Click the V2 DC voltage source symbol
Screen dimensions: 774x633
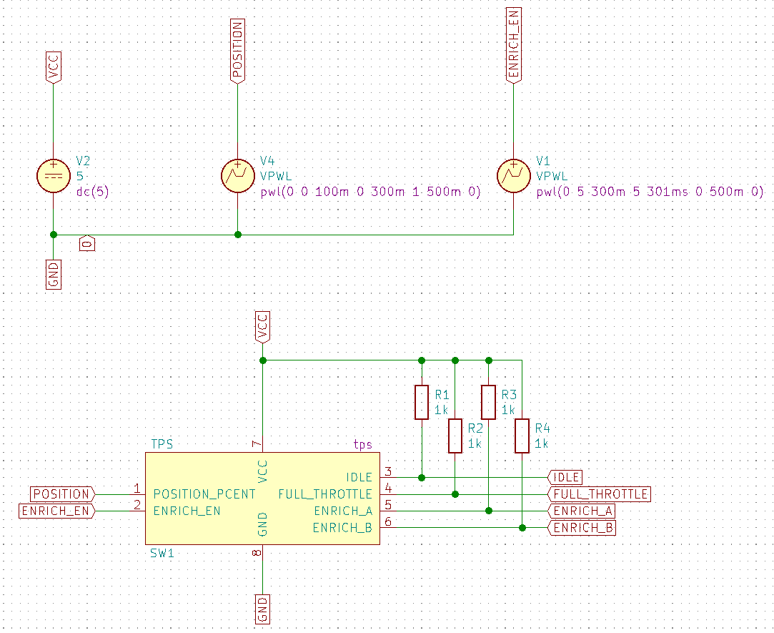pos(54,176)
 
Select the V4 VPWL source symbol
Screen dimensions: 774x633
pos(237,176)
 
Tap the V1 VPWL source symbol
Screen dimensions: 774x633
pos(513,176)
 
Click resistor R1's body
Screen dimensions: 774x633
pos(422,402)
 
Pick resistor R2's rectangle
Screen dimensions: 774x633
pos(455,436)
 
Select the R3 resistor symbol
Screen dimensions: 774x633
pos(488,402)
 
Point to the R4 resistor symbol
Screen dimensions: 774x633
pos(522,436)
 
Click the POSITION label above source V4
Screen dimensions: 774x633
pos(237,50)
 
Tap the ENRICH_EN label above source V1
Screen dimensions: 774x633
pos(513,45)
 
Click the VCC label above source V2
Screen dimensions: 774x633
pos(54,67)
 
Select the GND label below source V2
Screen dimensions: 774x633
pos(54,274)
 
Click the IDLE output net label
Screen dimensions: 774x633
pos(565,477)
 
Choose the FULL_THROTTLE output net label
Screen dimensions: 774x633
pos(599,494)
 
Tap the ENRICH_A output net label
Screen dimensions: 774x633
pos(582,511)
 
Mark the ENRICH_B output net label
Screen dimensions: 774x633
pos(582,528)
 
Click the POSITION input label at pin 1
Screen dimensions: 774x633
pos(62,494)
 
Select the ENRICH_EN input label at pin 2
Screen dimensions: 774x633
pos(56,511)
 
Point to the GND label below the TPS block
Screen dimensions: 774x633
pos(262,609)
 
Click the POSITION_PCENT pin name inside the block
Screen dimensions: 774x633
pos(204,494)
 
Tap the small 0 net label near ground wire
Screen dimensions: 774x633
pos(87,244)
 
